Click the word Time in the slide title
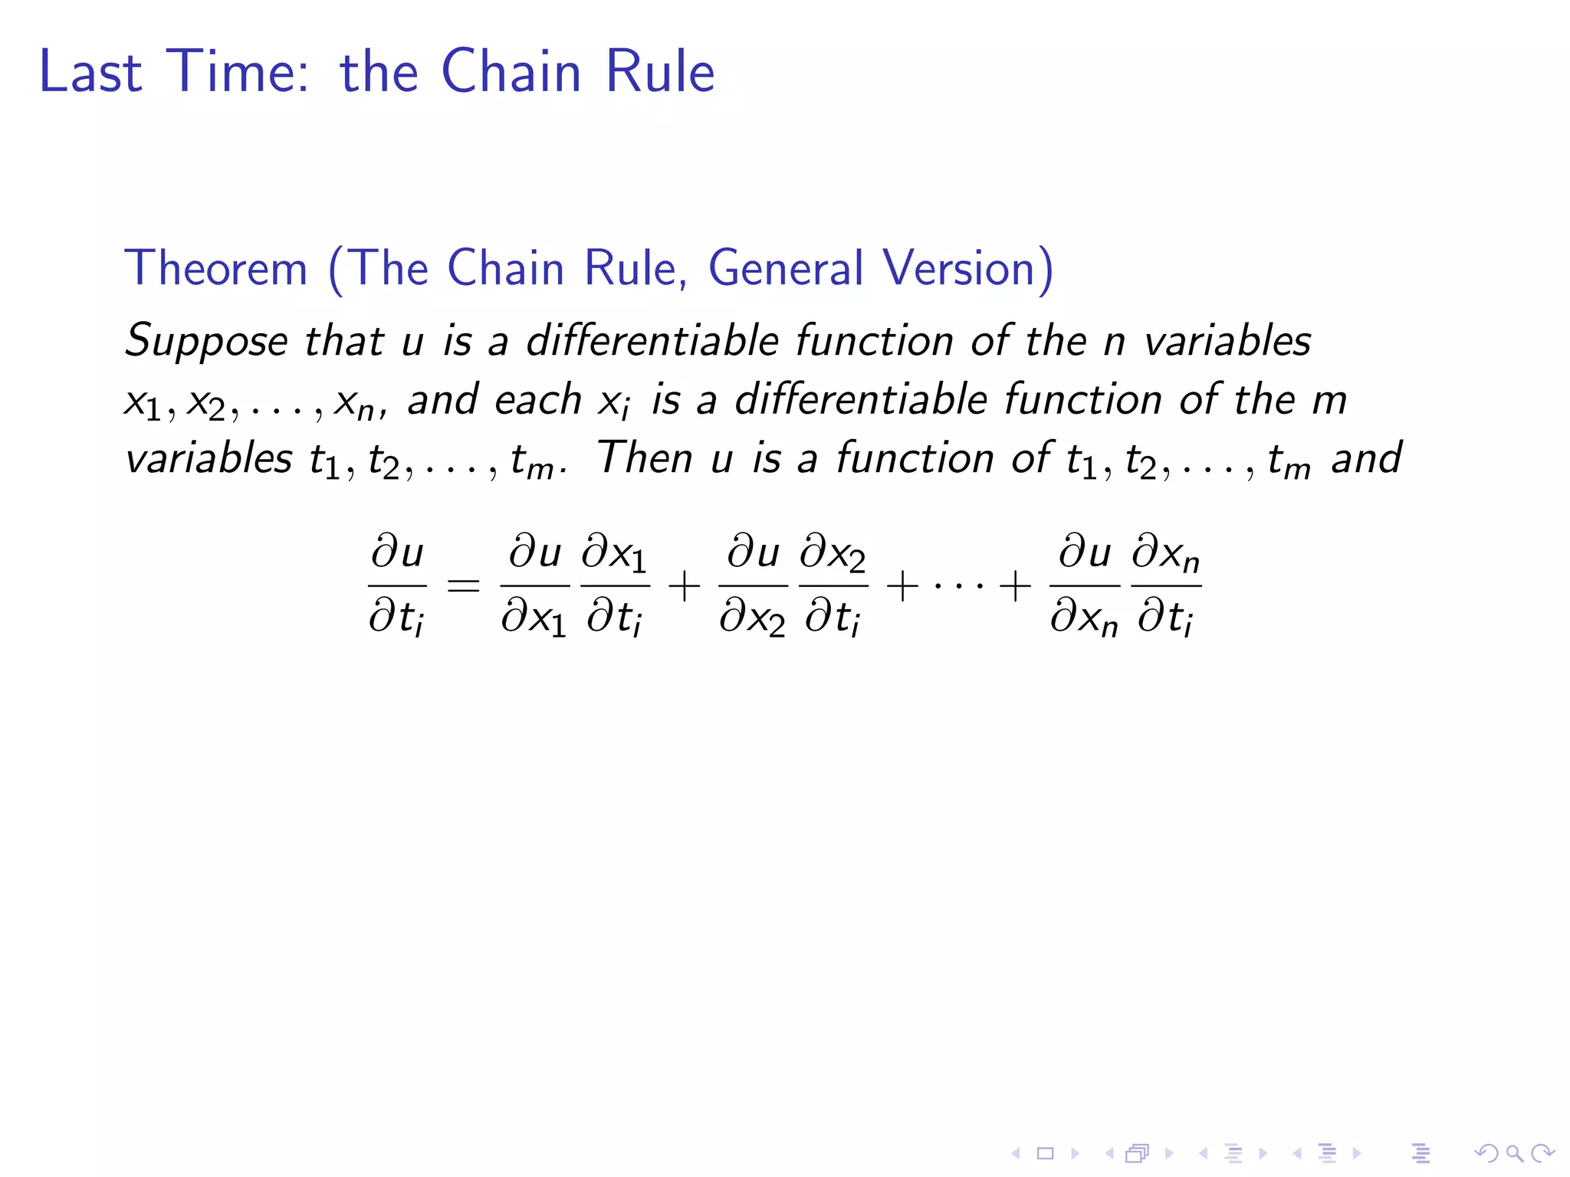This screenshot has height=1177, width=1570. coord(237,71)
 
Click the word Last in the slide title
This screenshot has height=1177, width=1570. coord(90,71)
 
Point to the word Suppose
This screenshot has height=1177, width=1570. coord(206,341)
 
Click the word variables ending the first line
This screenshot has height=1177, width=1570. coord(1227,341)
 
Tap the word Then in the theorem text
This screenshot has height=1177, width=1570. coord(644,458)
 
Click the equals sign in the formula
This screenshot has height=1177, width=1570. coord(463,587)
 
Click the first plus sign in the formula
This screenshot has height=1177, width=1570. coord(684,587)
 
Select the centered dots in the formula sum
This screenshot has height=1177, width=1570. coord(958,587)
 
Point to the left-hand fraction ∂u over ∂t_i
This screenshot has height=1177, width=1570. coord(397,586)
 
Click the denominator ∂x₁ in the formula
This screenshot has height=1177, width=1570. coord(534,617)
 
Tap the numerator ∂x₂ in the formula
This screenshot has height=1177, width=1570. coord(833,554)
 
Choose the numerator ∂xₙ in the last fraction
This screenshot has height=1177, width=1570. coord(1166,554)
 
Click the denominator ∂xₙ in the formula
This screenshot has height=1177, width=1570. coord(1084,617)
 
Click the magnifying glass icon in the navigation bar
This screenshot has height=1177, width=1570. coord(1514,1152)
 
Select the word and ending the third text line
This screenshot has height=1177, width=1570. coord(1366,458)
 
